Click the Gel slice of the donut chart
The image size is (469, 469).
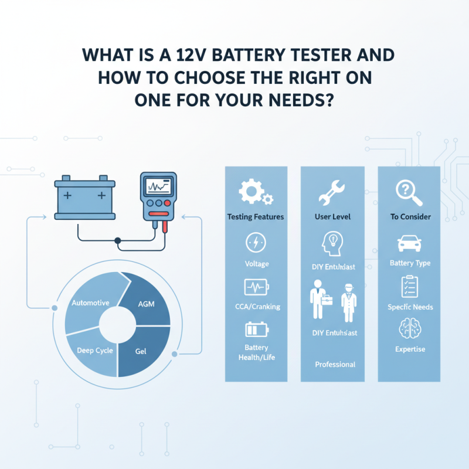pyautogui.click(x=141, y=352)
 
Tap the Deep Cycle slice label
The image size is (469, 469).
pyautogui.click(x=94, y=351)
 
